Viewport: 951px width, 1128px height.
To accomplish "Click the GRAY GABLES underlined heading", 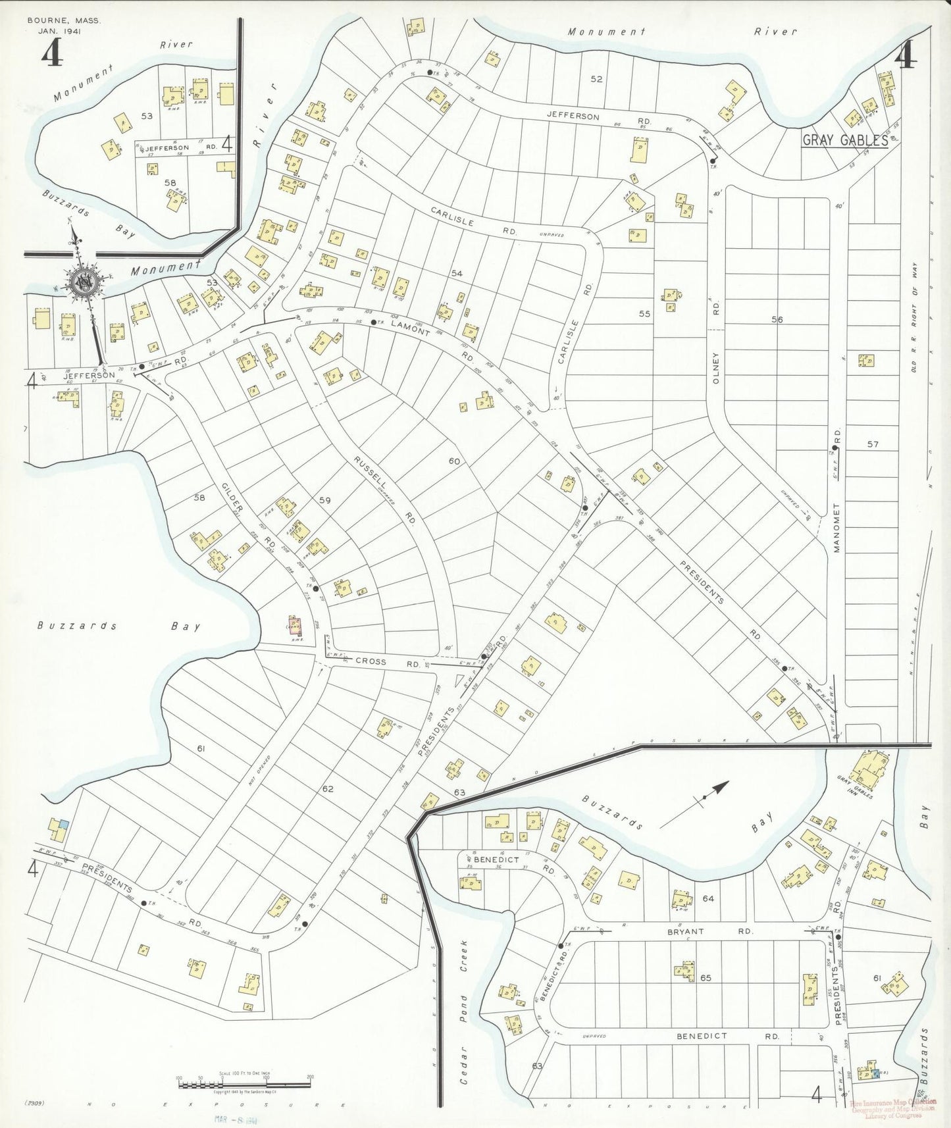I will (844, 140).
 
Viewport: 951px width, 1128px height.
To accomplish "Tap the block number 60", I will (454, 461).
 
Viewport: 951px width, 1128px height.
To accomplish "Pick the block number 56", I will (777, 319).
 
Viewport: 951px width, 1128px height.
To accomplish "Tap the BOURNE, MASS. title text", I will (64, 21).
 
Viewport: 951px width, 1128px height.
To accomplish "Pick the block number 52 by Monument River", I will (596, 79).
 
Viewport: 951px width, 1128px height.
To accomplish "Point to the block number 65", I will (706, 978).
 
